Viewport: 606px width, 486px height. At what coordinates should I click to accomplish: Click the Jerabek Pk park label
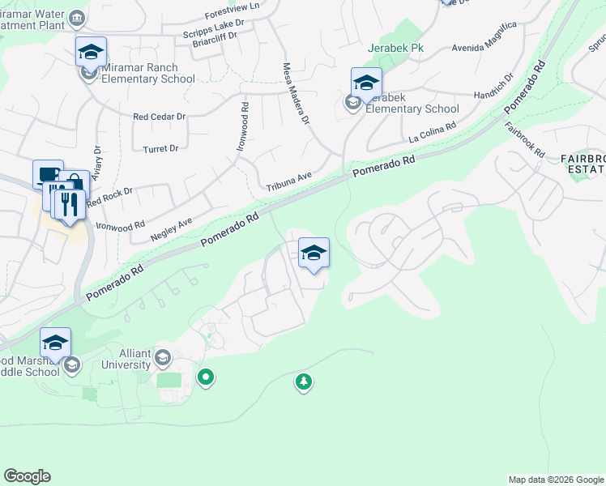pos(395,49)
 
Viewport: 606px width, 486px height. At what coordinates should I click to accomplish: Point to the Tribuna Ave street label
pos(289,187)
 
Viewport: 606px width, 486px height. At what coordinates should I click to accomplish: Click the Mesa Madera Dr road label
pos(296,94)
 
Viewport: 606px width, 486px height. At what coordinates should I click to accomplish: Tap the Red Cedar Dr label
pos(160,117)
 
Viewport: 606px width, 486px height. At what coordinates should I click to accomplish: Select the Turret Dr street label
pos(160,149)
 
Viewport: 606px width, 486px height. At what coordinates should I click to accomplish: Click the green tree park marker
pos(304,382)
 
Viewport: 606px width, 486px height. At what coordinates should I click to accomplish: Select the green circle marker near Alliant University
pos(206,377)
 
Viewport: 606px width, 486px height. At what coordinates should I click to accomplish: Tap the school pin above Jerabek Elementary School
pos(366,83)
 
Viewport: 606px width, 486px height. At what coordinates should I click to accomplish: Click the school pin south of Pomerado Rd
pos(314,253)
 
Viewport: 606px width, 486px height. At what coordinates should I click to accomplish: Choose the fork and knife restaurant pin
pos(69,203)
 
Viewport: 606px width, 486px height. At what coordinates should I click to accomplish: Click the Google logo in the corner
pos(28,476)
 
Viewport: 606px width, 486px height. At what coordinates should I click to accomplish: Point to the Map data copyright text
pos(554,480)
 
